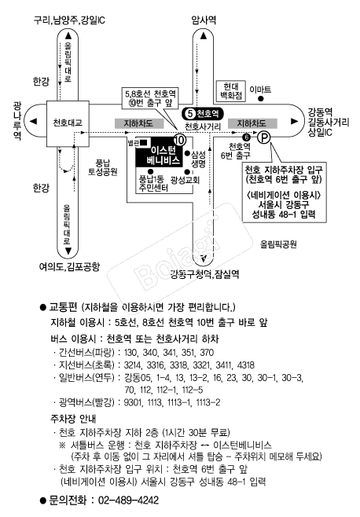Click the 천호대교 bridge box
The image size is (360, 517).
point(68,123)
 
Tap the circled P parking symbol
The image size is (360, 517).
point(263,137)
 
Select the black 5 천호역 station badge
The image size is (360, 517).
point(203,114)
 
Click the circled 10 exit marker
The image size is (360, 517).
point(180,140)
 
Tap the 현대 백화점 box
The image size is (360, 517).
point(231,91)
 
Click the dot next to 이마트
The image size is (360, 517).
point(261,98)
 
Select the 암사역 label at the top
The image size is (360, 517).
point(204,20)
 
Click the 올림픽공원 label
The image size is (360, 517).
point(278,244)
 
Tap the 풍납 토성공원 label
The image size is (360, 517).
point(103,167)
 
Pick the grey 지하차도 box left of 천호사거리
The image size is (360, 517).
point(139,123)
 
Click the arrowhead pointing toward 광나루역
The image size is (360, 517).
point(33,121)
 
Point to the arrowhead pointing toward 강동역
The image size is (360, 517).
point(294,121)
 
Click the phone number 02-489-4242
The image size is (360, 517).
point(128,500)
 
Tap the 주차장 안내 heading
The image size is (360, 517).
point(73,419)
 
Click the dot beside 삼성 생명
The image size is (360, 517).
point(187,153)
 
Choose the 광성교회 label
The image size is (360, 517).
point(186,180)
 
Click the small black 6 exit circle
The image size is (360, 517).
point(246,137)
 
